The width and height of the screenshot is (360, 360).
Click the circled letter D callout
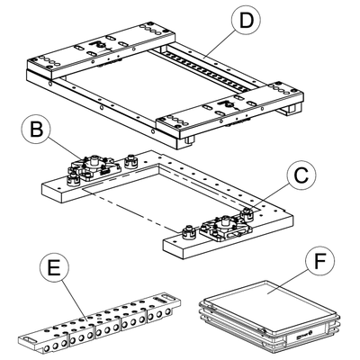246,21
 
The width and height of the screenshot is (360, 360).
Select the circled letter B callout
36,130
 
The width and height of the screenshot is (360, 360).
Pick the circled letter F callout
319,261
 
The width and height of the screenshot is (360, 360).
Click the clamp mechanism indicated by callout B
94,168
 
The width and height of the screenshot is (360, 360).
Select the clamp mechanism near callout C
227,228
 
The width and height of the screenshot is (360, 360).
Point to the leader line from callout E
74,301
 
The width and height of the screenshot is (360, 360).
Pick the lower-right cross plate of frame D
230,110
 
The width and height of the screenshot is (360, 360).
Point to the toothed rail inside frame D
207,70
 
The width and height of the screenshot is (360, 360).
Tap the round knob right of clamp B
130,160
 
